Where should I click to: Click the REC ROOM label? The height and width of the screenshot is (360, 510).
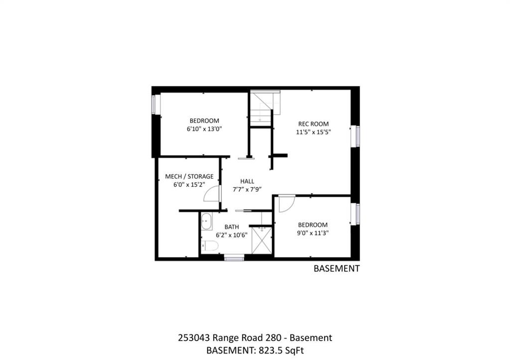313,124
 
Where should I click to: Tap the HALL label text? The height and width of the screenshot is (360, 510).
247,181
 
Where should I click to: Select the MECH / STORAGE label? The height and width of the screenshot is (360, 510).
189,177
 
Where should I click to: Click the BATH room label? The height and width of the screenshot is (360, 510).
232,227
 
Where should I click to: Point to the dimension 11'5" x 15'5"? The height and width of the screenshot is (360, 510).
313,132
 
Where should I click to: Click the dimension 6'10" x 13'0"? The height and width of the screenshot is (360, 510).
204,129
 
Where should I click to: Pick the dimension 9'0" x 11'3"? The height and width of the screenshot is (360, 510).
313,233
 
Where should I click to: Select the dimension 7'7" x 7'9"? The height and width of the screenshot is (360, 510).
247,190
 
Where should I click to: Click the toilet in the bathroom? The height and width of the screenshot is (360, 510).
210,246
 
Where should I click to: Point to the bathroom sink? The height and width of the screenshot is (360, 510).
207,222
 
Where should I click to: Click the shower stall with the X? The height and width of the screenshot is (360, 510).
262,240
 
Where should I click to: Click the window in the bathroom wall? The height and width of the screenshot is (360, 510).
234,258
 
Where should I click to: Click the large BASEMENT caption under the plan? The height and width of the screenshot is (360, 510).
337,268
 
